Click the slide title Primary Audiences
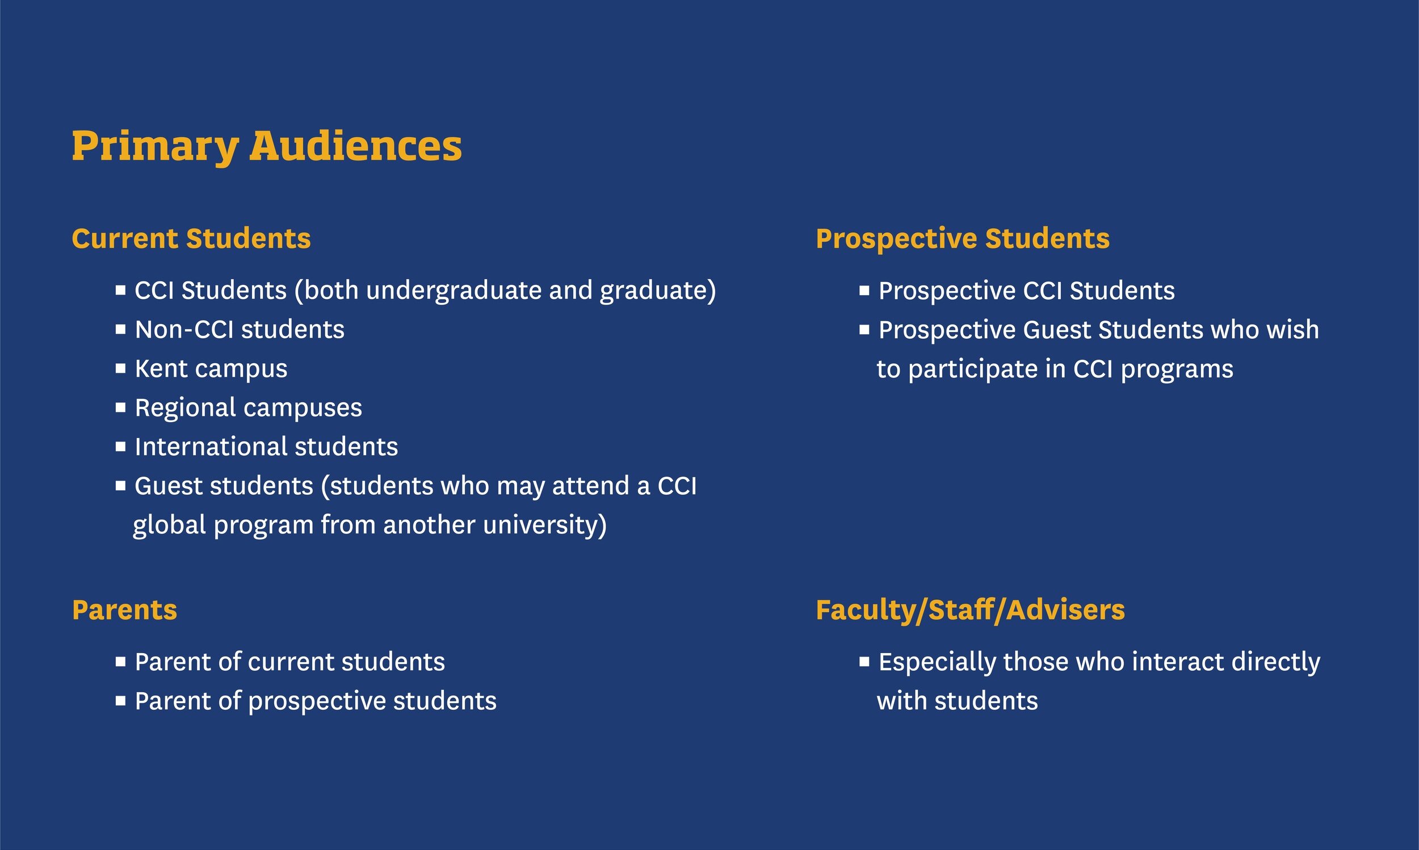pos(266,146)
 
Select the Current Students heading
pos(191,238)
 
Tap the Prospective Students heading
pos(963,238)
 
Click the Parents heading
pos(124,609)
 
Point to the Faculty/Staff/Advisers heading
pos(970,609)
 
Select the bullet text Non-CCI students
pos(240,330)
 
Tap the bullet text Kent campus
pos(211,369)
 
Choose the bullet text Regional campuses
pos(248,408)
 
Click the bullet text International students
pos(266,447)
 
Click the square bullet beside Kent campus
pos(120,368)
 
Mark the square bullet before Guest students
pos(120,486)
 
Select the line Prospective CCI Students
pos(1026,291)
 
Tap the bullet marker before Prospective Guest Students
pos(864,329)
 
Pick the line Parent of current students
pos(289,662)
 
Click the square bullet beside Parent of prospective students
pos(120,701)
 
